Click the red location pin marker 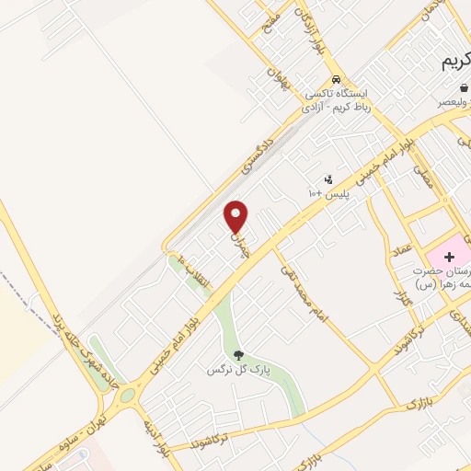coord(236,216)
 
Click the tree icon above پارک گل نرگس coord(238,355)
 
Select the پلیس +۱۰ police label coord(327,193)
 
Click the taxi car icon coord(338,79)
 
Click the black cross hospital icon coord(451,255)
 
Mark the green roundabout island coord(125,395)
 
